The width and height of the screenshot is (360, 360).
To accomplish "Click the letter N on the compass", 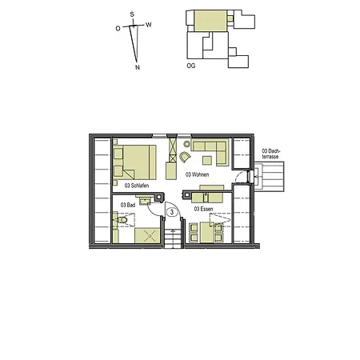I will pyautogui.click(x=138, y=68).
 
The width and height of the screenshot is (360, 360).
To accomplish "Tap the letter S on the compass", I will pyautogui.click(x=134, y=14).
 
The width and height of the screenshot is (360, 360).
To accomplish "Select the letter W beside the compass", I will pyautogui.click(x=150, y=24).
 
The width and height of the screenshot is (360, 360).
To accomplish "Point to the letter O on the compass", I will pyautogui.click(x=118, y=28).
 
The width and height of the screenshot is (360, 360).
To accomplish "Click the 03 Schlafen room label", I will pyautogui.click(x=137, y=186).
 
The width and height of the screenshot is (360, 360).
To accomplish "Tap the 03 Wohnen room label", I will pyautogui.click(x=198, y=174).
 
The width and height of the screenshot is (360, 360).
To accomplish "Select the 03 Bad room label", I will pyautogui.click(x=128, y=206).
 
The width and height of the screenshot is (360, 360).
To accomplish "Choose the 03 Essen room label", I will pyautogui.click(x=203, y=210).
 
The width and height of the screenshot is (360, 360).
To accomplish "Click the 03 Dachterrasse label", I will pyautogui.click(x=271, y=154).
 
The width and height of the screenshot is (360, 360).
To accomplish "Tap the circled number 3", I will pyautogui.click(x=171, y=212).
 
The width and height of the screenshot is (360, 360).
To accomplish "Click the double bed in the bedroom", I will pyautogui.click(x=134, y=162).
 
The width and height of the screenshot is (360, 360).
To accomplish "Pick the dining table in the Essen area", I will pyautogui.click(x=207, y=227).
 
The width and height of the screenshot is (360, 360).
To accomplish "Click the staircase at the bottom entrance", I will pyautogui.click(x=173, y=238).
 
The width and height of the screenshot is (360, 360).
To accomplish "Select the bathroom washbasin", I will pyautogui.click(x=146, y=203).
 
